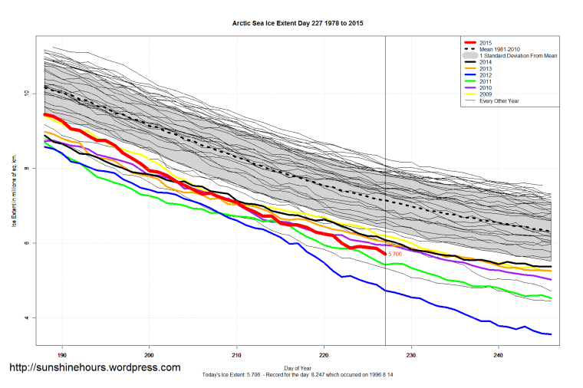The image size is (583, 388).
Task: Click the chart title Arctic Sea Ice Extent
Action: (298, 24)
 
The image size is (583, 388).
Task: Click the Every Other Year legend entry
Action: (502, 108)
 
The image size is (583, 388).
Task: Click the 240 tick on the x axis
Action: (499, 355)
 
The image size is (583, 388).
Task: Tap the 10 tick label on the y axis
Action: (25, 94)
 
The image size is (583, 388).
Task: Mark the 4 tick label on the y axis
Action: (25, 317)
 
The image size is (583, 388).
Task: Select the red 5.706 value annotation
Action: (395, 254)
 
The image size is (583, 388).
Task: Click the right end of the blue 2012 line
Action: (551, 334)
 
